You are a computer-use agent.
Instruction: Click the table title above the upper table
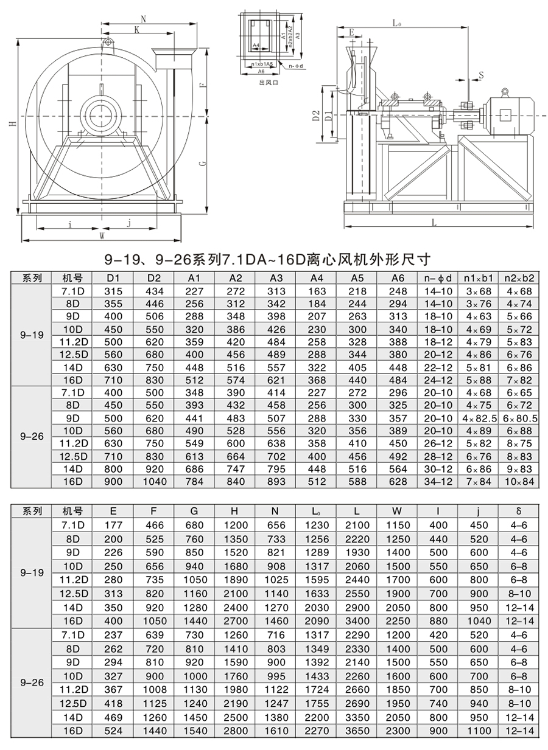(x=267, y=260)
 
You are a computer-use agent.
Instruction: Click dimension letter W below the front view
(x=102, y=234)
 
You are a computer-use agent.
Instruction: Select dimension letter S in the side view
(x=480, y=75)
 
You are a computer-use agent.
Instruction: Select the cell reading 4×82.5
(x=480, y=418)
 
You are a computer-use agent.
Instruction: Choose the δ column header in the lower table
(x=519, y=512)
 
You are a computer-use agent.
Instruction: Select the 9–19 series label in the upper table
(x=32, y=335)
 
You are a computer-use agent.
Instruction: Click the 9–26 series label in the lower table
(x=32, y=683)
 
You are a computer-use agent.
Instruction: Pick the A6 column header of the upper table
(x=398, y=279)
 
